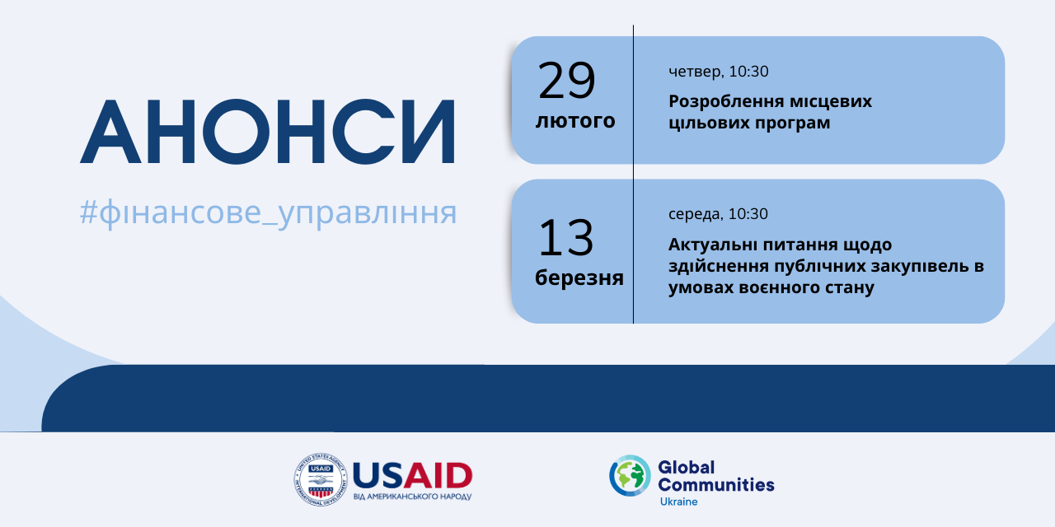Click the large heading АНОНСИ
point(268,131)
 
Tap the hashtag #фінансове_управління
point(268,213)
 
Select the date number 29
point(566,81)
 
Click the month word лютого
point(575,120)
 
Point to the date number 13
point(565,238)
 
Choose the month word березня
point(579,277)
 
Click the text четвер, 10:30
point(718,72)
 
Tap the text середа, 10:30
point(718,214)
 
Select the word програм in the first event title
point(793,124)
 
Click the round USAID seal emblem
point(321,479)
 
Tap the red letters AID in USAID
point(438,476)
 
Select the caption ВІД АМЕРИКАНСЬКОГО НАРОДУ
point(412,497)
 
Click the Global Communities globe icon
point(630,475)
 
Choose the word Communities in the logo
point(716,485)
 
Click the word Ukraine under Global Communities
point(678,501)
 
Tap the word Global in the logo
point(687,467)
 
